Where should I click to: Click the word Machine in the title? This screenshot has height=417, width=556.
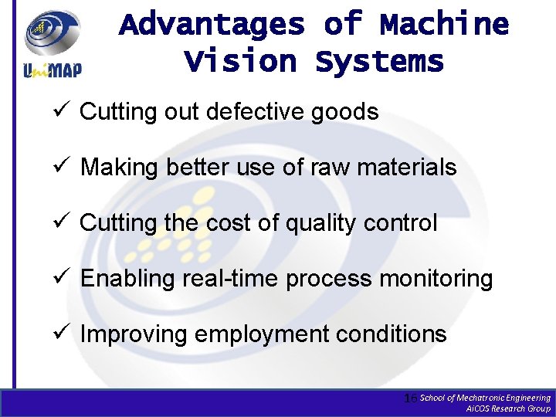coord(444,25)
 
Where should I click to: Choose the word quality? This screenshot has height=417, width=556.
coord(324,224)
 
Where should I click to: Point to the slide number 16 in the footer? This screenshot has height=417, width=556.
coord(411,398)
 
